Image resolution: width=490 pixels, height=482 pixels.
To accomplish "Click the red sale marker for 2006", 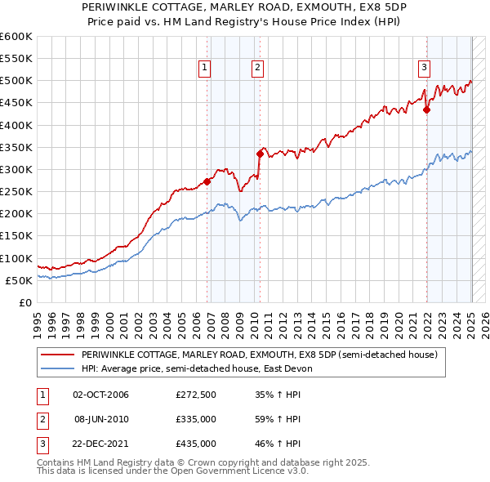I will pos(207,181).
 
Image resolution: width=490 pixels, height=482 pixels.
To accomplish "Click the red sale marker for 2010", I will pos(261,153).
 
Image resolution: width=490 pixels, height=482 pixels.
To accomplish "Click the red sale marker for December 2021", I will pos(427,109).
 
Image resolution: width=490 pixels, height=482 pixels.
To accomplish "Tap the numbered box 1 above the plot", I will pos(204,68).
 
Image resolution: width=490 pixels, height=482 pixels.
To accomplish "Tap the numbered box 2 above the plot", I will pos(257,68).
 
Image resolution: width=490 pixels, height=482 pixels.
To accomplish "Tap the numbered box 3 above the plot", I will pos(425,68).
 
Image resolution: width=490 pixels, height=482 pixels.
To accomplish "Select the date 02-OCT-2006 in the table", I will pos(101,395).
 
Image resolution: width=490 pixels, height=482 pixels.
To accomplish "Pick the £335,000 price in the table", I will pos(196,419).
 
